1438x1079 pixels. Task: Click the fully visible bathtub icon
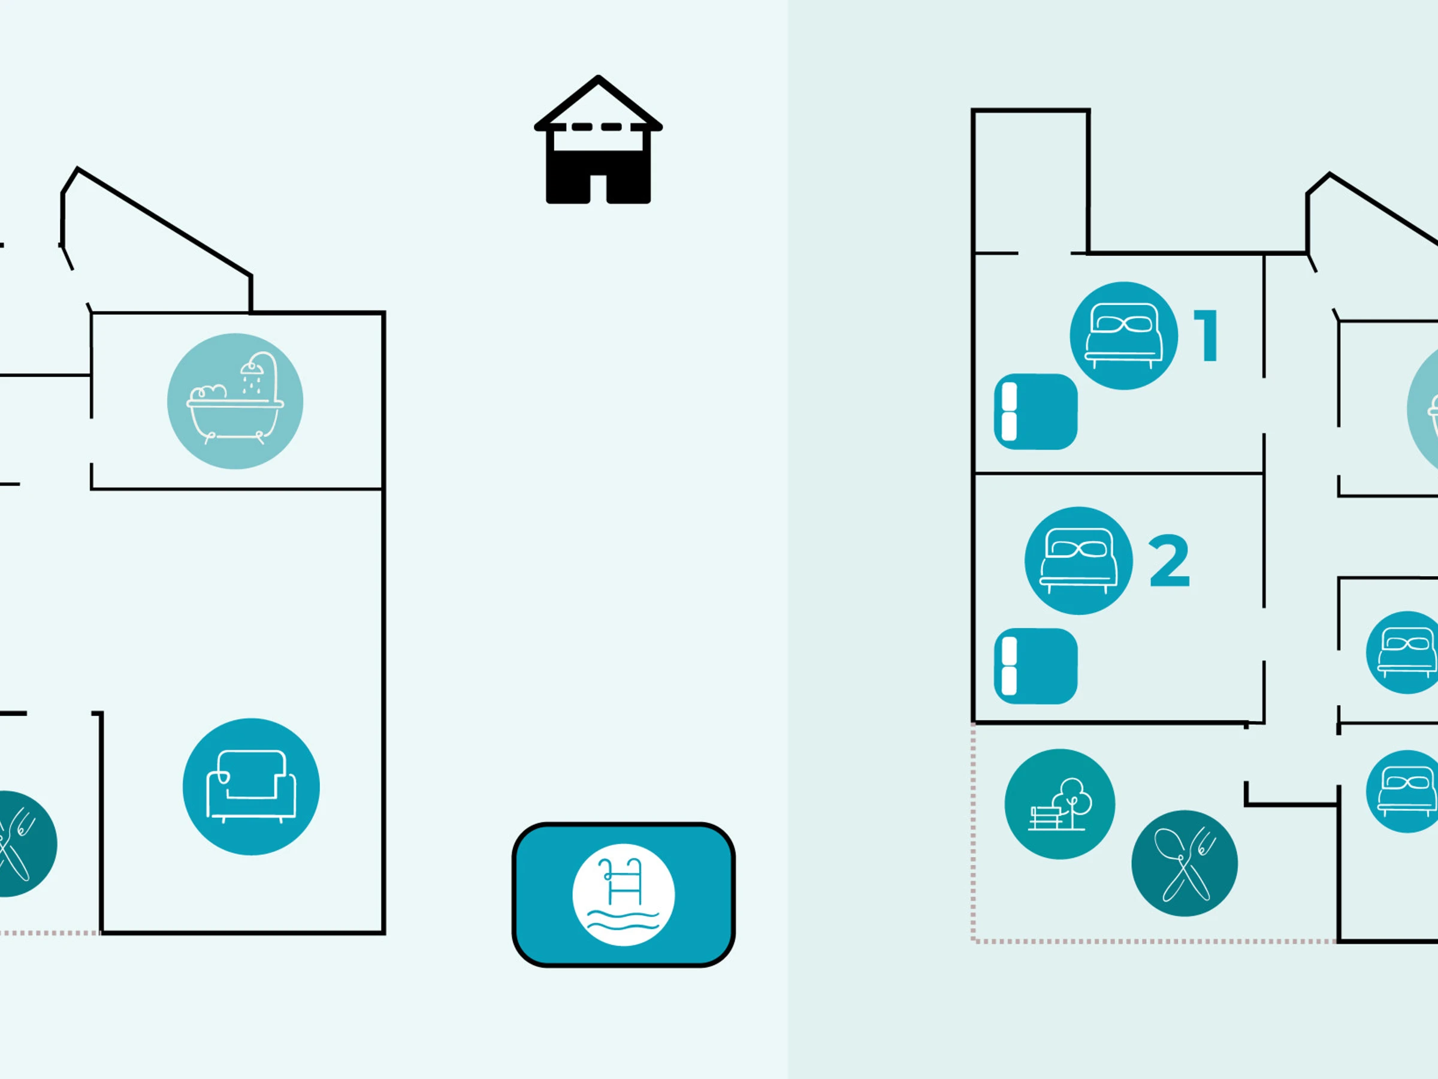click(x=235, y=400)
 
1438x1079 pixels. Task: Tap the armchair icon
click(x=251, y=786)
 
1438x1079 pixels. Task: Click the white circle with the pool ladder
click(x=624, y=894)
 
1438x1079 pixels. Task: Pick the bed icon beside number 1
click(x=1123, y=336)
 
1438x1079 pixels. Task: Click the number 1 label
click(x=1207, y=336)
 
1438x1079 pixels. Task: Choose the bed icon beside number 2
click(x=1078, y=560)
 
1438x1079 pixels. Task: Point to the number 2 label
click(x=1169, y=560)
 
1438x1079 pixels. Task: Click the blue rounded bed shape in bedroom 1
click(x=1035, y=412)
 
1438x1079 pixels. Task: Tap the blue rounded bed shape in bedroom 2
click(x=1035, y=666)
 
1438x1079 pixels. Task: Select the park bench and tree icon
click(x=1060, y=804)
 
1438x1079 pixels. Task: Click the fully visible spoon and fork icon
click(x=1185, y=863)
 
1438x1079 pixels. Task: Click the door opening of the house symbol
click(x=598, y=189)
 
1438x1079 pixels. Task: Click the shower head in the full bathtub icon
click(x=252, y=368)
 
